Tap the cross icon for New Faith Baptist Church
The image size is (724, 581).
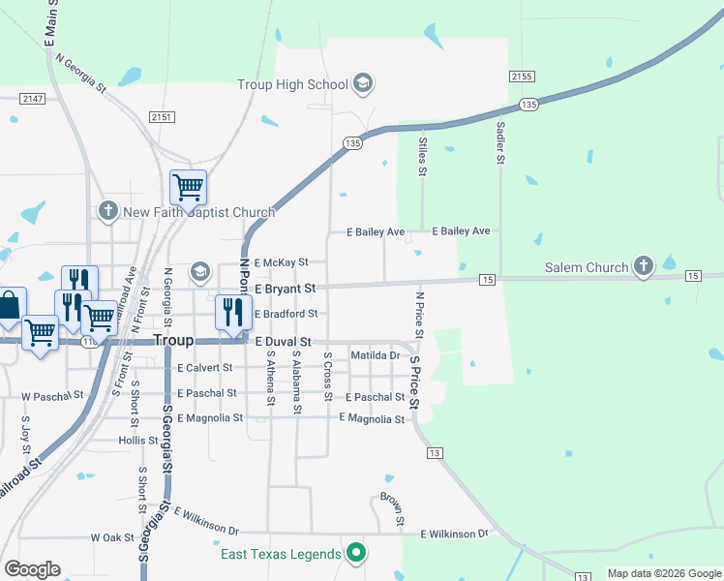(108, 211)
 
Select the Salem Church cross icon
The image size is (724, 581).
(644, 266)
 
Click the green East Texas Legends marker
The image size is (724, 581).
(356, 554)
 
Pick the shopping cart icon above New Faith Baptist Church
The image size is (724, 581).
(188, 186)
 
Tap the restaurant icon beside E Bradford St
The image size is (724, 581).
(231, 311)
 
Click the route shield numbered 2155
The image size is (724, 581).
(522, 76)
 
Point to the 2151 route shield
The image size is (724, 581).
(162, 116)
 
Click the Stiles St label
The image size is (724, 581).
(423, 157)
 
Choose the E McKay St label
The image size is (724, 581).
(281, 261)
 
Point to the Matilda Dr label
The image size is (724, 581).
(376, 355)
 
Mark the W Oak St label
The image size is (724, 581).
(111, 536)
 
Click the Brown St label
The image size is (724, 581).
(391, 509)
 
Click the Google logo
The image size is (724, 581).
(32, 569)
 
